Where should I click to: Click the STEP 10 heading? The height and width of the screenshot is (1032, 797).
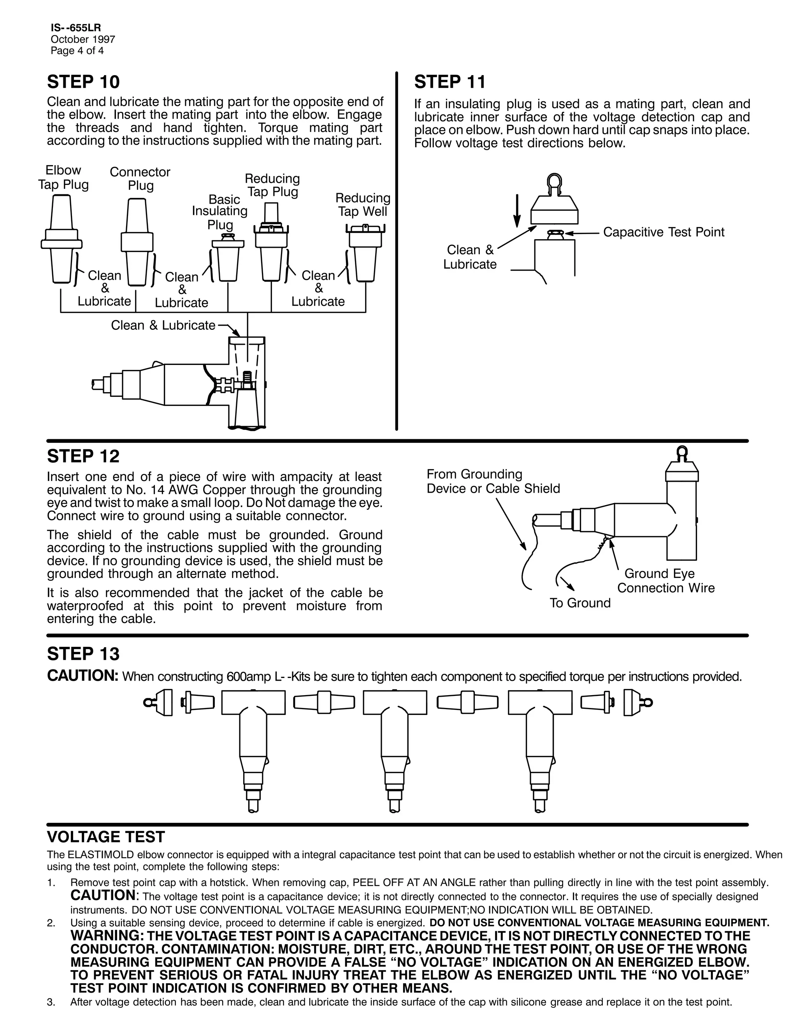(x=83, y=82)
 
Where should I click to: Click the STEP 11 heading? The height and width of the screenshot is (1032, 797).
(x=449, y=82)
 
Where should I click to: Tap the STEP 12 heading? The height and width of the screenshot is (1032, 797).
(x=83, y=456)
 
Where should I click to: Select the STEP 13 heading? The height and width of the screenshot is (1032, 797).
(x=83, y=654)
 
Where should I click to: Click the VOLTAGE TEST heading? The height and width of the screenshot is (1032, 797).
(x=106, y=837)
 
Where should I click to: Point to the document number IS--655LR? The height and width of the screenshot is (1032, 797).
(x=75, y=28)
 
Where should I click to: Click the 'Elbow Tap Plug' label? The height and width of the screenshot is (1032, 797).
(x=63, y=177)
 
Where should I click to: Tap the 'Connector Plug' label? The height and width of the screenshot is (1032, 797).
(x=140, y=179)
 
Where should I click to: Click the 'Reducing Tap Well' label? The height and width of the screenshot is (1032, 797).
(x=363, y=204)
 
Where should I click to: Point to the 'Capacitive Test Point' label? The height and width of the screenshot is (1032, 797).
(x=664, y=232)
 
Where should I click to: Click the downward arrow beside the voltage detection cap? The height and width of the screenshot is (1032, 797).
(x=517, y=211)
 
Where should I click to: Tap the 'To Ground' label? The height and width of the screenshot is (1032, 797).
(x=580, y=603)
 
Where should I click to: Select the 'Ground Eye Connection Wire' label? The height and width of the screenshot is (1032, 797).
(x=666, y=581)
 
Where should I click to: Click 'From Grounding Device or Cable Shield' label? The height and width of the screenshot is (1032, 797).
(x=493, y=481)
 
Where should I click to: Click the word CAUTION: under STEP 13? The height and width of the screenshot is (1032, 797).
(x=82, y=676)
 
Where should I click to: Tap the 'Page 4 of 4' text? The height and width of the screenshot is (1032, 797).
(x=77, y=51)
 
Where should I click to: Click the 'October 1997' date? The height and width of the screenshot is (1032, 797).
(x=83, y=39)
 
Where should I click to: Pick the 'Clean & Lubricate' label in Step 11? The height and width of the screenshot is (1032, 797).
(x=470, y=257)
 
